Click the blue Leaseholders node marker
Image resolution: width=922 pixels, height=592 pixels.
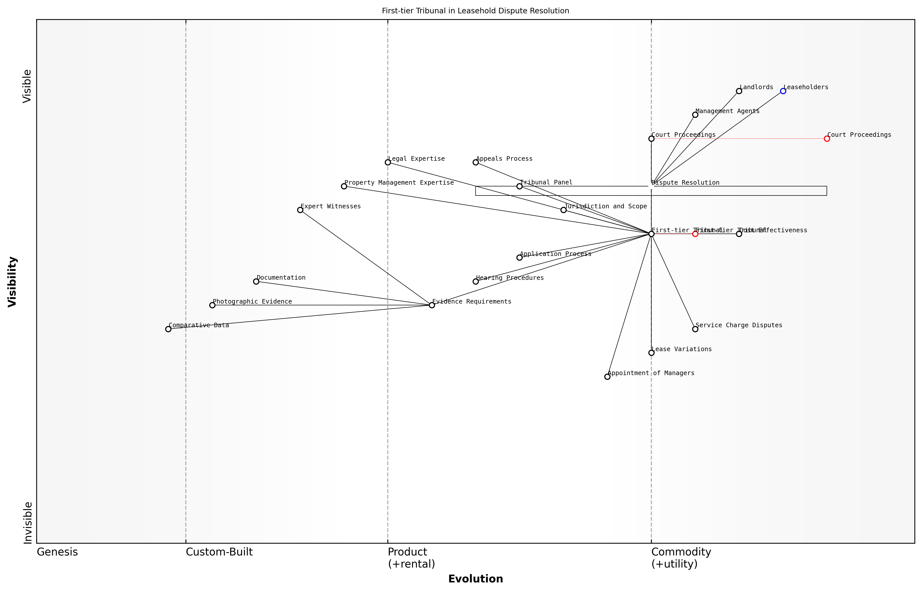tap(783, 91)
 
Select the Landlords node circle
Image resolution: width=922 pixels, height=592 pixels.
tap(739, 91)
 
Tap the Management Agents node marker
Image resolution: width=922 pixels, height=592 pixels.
tap(695, 115)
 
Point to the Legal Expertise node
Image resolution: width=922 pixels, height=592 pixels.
tap(388, 162)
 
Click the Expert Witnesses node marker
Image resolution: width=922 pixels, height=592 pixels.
tap(300, 210)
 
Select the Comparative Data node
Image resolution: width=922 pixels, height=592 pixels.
tap(168, 329)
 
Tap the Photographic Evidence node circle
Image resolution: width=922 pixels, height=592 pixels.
tap(212, 305)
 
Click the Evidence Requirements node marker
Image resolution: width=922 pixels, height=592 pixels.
tap(432, 305)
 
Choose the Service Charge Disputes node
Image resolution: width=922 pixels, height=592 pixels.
tap(695, 329)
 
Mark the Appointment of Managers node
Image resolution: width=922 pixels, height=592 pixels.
tap(607, 377)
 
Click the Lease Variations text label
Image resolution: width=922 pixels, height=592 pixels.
tap(682, 349)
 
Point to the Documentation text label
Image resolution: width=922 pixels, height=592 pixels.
tap(281, 278)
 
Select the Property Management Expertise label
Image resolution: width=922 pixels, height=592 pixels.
tap(399, 183)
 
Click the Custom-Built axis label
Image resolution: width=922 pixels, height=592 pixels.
tap(219, 552)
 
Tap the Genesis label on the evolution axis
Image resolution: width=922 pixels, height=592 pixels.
tap(57, 552)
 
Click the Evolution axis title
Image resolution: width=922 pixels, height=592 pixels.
tap(475, 579)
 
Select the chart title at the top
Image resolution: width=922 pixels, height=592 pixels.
tap(475, 11)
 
